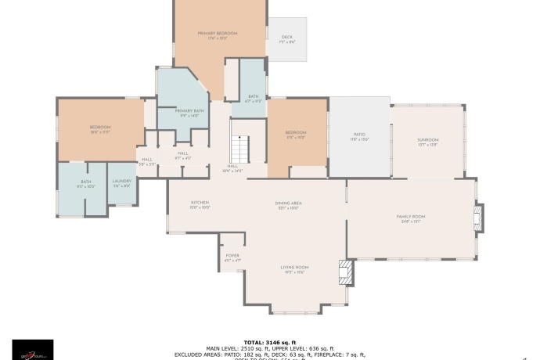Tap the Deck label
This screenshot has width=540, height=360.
287,38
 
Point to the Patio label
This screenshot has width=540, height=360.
359,136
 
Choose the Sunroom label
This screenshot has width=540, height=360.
427,142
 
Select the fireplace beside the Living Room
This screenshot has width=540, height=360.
344,272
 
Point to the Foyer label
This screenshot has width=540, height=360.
232,257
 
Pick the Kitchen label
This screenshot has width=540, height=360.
200,205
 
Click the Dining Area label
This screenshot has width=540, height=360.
288,205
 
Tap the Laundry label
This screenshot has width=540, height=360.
122,184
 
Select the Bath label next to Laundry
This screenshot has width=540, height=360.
85,184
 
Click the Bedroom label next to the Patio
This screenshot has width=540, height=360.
295,135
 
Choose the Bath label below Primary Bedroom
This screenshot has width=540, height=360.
253,99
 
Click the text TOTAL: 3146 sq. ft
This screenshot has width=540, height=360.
269,342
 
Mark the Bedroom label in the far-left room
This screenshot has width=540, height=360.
99,129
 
